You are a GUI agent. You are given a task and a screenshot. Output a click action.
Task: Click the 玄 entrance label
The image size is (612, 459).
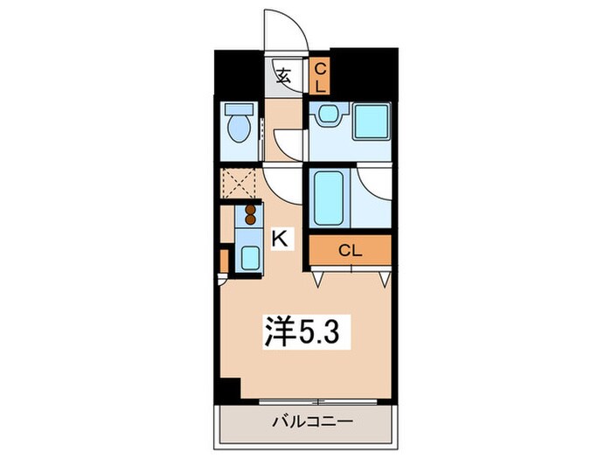pyautogui.click(x=284, y=74)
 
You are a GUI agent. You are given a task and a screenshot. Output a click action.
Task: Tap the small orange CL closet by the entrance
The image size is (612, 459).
pyautogui.click(x=319, y=76)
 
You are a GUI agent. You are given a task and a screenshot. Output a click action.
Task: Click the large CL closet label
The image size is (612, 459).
pyautogui.click(x=351, y=250)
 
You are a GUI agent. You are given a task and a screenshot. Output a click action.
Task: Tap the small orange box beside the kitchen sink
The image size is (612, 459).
pyautogui.click(x=224, y=261)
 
